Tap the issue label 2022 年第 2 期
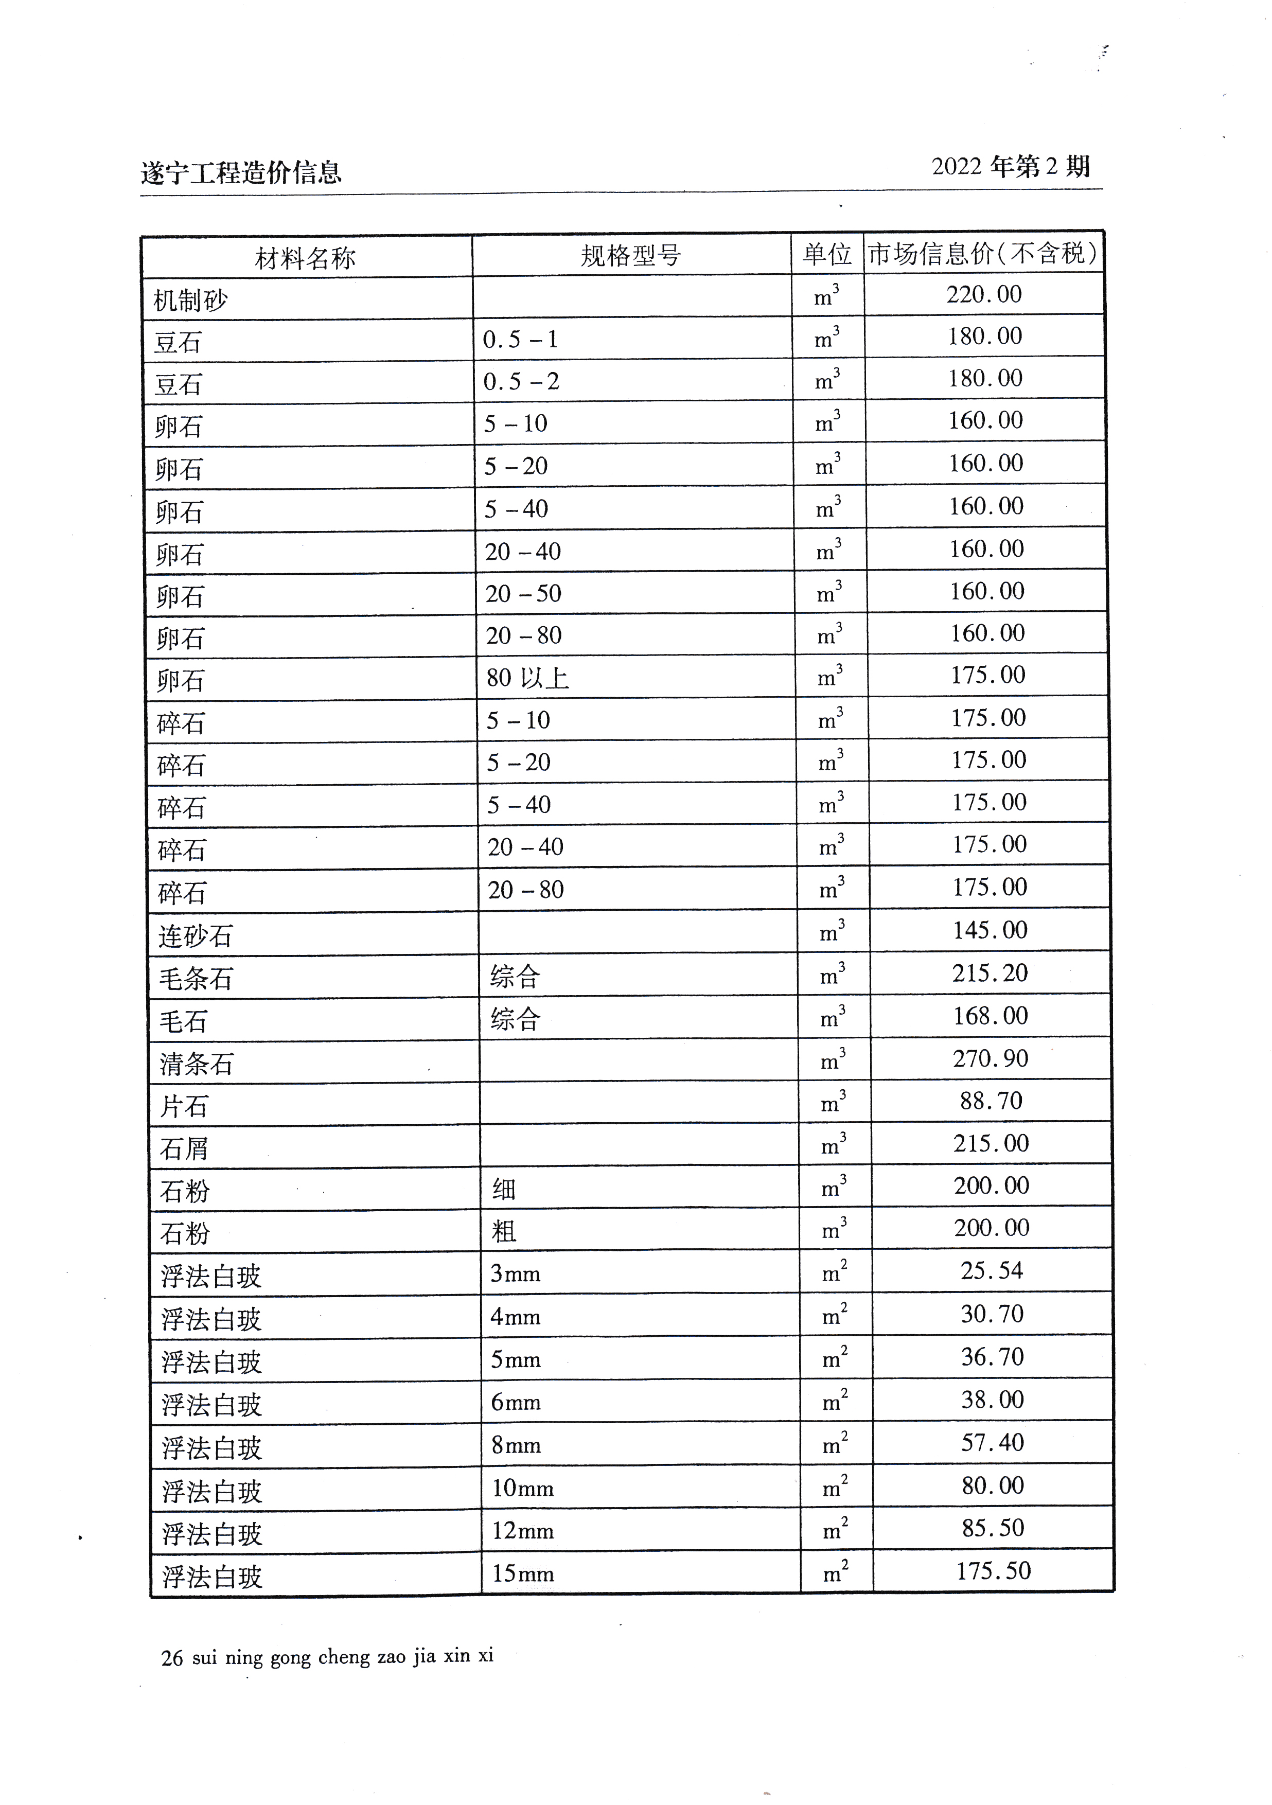click(1010, 167)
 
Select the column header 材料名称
click(305, 258)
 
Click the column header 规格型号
click(630, 256)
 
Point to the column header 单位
click(826, 254)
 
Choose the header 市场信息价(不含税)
click(983, 253)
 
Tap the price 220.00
click(983, 295)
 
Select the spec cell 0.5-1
click(520, 340)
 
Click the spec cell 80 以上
click(527, 678)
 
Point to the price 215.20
click(990, 974)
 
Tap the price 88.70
click(991, 1101)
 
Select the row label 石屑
click(184, 1149)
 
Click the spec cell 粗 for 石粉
click(504, 1232)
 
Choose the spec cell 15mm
click(523, 1574)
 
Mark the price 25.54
click(992, 1271)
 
